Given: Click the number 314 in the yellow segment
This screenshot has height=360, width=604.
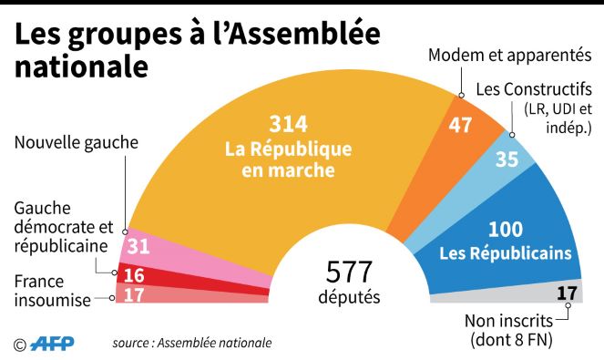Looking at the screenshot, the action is [288, 124].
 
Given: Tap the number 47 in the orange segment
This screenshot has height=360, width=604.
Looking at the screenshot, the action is [460, 125].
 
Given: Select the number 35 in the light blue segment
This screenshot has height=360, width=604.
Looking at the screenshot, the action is [507, 159].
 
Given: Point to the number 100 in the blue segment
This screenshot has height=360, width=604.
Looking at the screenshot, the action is [506, 230].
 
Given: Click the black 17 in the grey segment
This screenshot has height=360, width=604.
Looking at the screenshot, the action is [567, 293].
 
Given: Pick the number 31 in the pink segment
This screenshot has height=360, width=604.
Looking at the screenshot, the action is [138, 246].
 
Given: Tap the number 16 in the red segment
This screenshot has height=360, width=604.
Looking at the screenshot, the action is [134, 275].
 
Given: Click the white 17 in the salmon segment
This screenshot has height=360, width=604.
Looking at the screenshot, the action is [134, 295].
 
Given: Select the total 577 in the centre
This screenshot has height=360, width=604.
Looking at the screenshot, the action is [349, 272].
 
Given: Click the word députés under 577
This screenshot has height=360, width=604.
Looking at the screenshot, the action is [350, 297].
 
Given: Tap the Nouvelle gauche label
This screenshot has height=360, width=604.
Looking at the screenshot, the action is [77, 142].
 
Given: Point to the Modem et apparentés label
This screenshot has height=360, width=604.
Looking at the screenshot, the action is [509, 55].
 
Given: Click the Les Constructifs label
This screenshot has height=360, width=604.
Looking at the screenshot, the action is [534, 89].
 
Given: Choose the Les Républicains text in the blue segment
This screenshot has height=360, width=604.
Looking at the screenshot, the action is [506, 253].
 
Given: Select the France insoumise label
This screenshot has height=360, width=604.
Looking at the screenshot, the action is [53, 291].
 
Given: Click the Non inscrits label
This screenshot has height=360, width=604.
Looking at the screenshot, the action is [508, 321].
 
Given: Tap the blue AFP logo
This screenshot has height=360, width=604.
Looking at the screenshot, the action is [52, 344].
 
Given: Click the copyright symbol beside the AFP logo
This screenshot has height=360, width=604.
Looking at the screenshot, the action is [20, 345].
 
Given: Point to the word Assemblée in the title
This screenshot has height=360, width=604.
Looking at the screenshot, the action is [306, 34].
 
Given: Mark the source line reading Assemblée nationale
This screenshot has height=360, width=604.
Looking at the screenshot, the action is [192, 343].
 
